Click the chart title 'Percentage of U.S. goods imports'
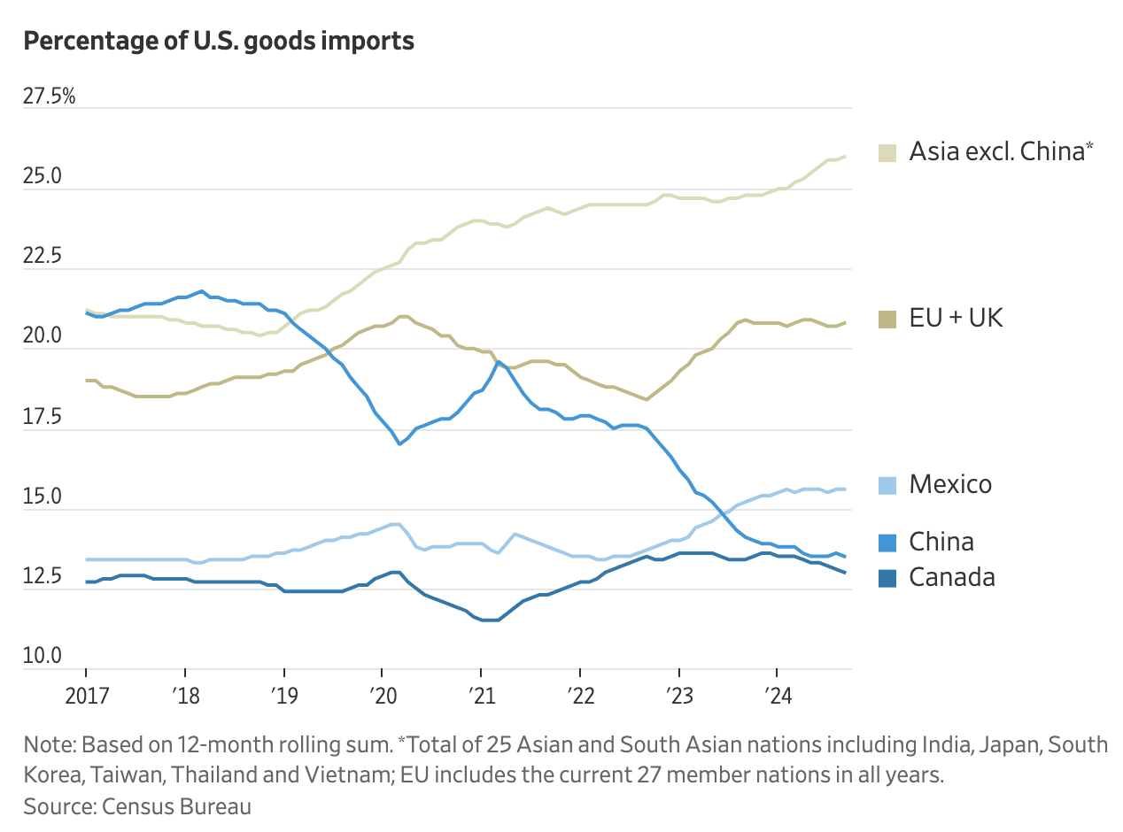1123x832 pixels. point(218,41)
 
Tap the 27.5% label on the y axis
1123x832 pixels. point(50,96)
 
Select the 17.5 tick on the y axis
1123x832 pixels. point(43,417)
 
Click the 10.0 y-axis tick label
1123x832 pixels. point(43,657)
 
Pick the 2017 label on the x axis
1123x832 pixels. point(88,695)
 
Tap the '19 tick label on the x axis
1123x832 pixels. point(283,695)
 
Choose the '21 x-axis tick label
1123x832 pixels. point(481,695)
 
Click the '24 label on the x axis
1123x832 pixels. point(777,695)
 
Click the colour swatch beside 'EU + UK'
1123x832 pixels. point(887,319)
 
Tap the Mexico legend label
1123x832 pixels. point(950,484)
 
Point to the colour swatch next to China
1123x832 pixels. point(887,542)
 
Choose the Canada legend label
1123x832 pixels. point(952,577)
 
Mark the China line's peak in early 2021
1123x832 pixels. point(499,361)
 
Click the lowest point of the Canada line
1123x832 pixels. point(490,620)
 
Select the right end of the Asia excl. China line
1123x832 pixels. point(845,157)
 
